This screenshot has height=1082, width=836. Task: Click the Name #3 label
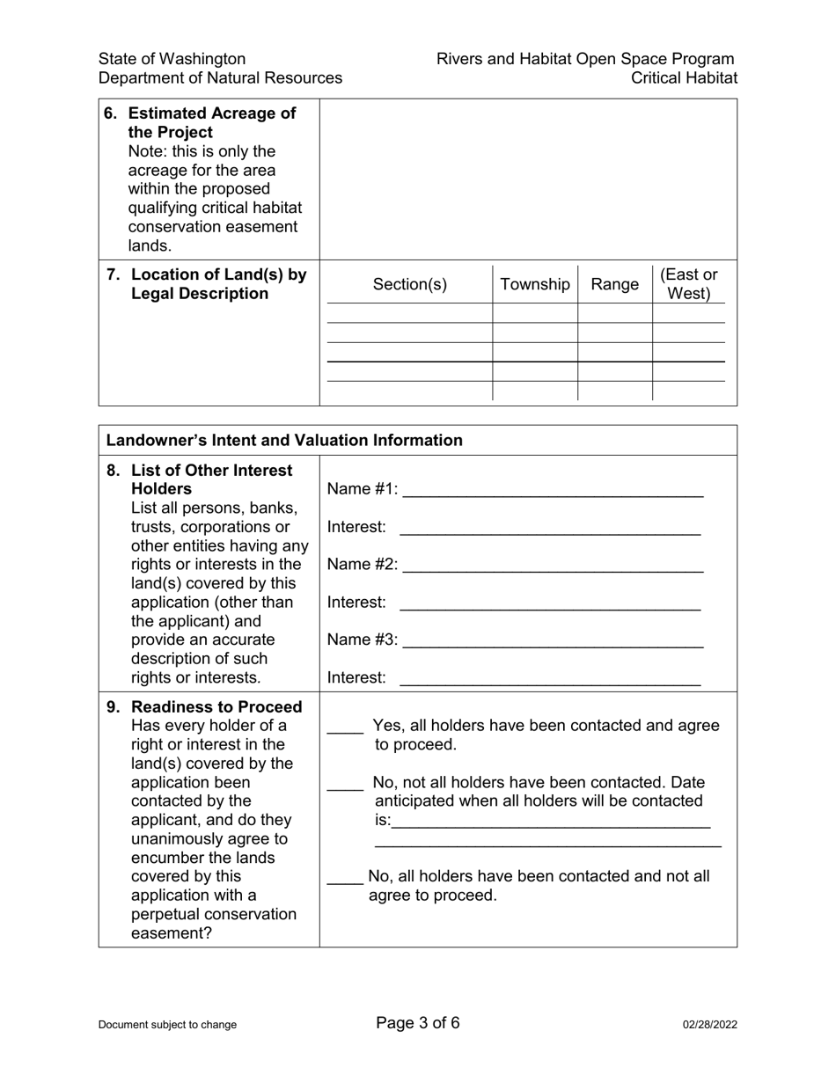point(363,640)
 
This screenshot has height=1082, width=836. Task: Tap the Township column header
point(535,284)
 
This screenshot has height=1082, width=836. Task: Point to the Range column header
point(615,284)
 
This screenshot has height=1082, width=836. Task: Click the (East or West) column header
point(689,284)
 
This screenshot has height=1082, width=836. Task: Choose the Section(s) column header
point(410,284)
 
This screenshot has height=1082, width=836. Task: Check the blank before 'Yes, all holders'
point(344,727)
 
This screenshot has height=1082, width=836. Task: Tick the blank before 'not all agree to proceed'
point(344,878)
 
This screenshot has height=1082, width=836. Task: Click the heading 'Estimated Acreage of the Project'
point(211,123)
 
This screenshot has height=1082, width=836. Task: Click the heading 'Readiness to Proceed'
point(216,707)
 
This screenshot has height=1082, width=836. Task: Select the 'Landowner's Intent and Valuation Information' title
point(284,441)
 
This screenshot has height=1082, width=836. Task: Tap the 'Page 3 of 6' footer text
point(418,1023)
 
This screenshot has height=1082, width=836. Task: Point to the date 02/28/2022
point(710,1025)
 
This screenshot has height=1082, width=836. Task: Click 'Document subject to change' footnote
point(167,1025)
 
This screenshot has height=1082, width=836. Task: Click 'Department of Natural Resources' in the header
point(220,78)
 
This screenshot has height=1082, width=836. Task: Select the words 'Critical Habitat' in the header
point(684,78)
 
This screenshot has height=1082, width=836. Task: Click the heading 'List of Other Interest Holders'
point(211,479)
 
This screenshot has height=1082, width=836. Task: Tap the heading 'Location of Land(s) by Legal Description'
point(217,284)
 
